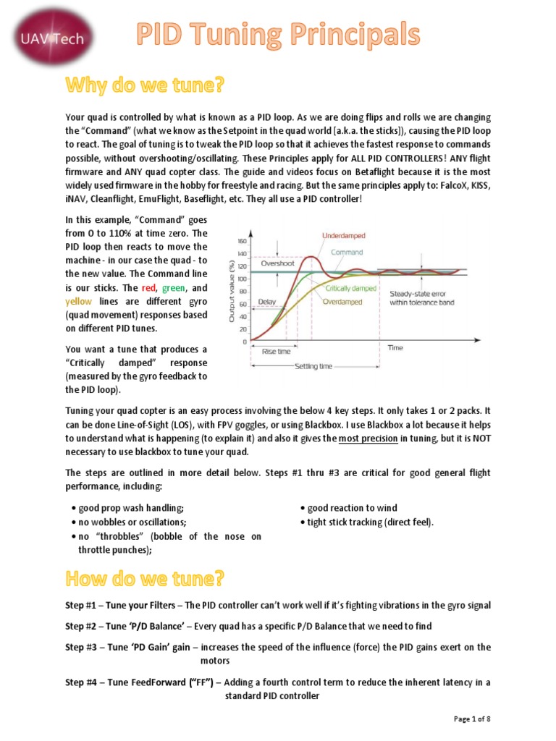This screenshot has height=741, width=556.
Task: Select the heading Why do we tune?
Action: tap(146, 86)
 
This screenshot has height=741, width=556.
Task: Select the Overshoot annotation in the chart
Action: tap(278, 264)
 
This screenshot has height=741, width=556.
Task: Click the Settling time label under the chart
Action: tap(313, 366)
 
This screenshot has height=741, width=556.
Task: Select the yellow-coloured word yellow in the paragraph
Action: tap(79, 301)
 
